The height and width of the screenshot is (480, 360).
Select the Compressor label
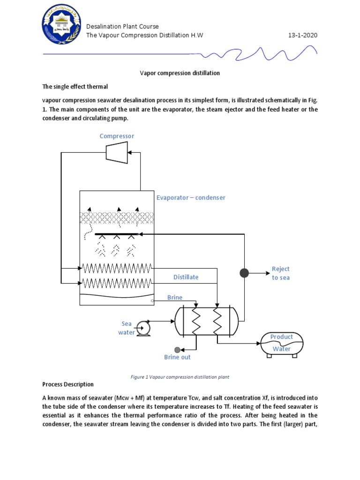tap(117, 136)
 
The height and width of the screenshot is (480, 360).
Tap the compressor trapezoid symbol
tap(117, 152)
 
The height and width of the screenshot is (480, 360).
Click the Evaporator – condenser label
tap(191, 198)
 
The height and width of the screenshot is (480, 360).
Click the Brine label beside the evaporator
tap(175, 298)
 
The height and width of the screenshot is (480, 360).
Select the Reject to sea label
tap(281, 273)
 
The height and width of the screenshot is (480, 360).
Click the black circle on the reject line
tap(244, 273)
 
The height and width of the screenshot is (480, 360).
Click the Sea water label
tap(127, 328)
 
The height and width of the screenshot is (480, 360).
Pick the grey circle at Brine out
tap(177, 350)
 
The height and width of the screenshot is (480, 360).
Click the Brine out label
tap(177, 357)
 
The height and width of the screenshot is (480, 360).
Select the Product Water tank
tap(282, 344)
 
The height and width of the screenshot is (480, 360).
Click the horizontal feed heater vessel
tap(206, 322)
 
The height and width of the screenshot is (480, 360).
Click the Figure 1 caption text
tap(180, 376)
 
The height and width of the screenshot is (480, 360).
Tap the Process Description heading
tap(68, 384)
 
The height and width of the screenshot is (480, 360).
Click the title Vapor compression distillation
tap(180, 73)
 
